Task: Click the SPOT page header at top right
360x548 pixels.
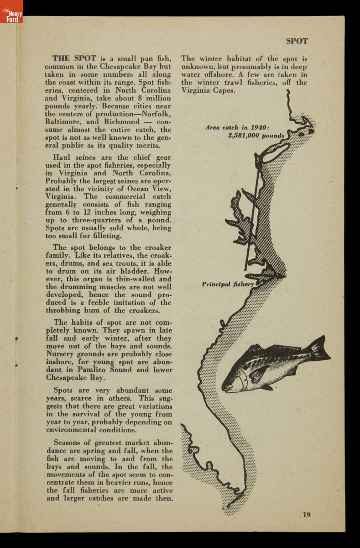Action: coord(297,41)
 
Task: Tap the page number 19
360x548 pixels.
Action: coord(307,515)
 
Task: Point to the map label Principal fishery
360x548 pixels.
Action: coord(228,284)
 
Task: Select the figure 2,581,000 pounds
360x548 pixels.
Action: coord(256,136)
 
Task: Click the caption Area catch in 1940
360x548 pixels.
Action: coord(237,127)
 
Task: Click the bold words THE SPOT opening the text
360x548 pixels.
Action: coord(74,58)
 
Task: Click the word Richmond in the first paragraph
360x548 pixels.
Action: coord(122,122)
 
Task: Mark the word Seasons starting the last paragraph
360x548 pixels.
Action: coord(68,443)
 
